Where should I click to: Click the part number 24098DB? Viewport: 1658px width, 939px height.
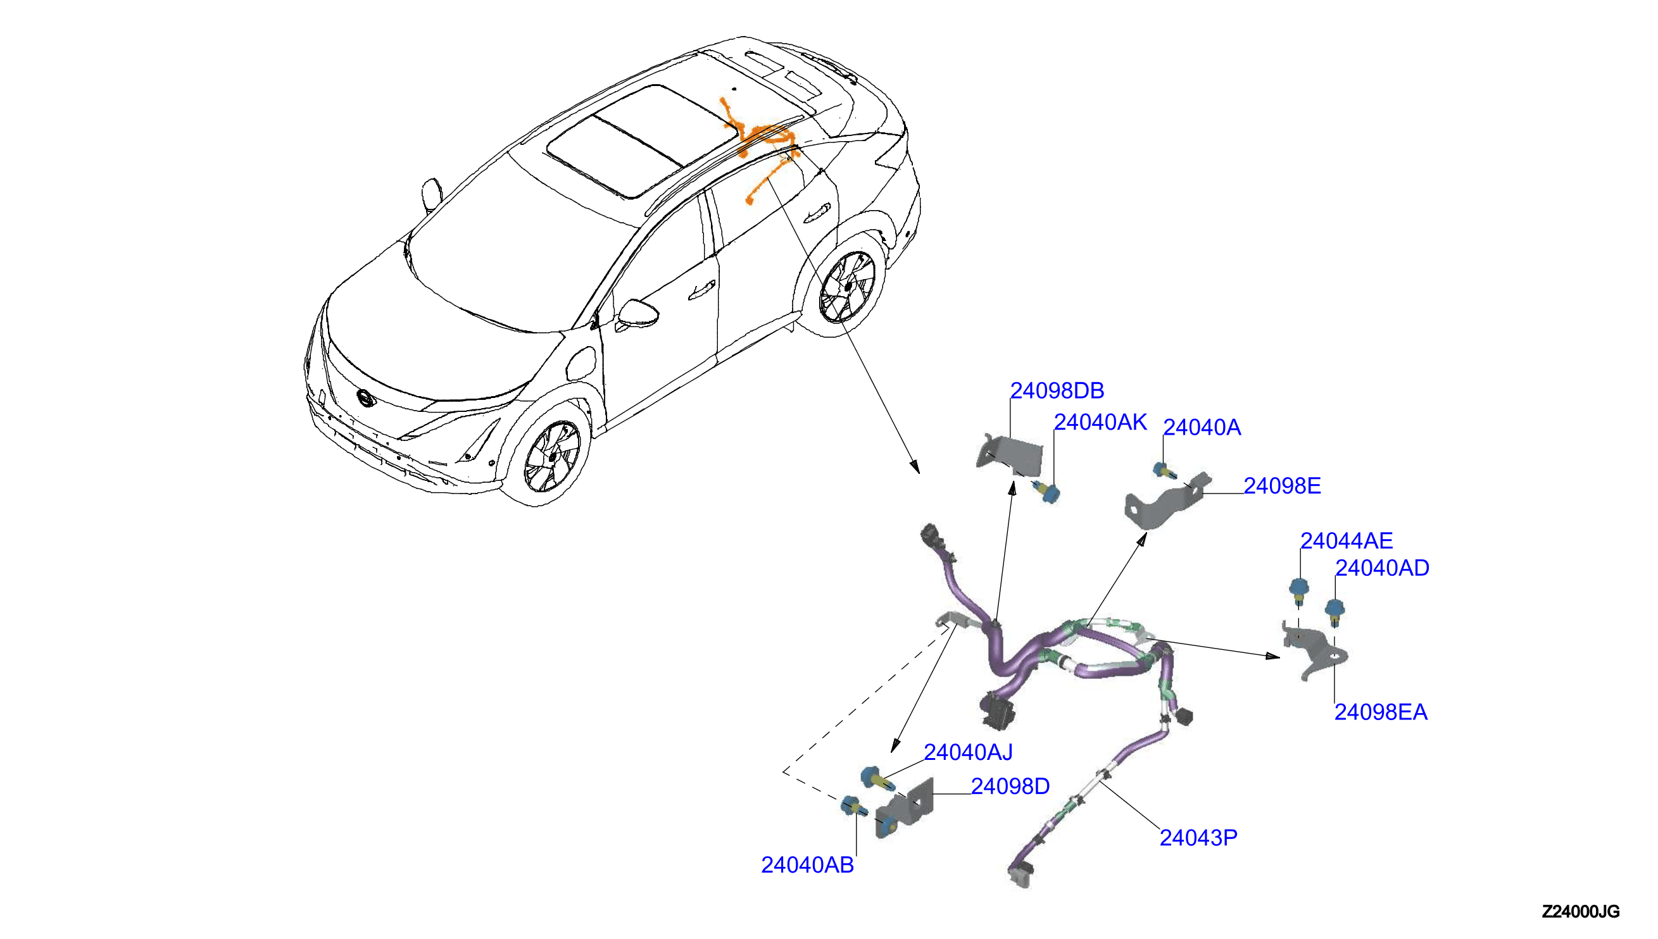tap(1057, 391)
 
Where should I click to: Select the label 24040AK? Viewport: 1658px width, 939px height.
tap(1100, 423)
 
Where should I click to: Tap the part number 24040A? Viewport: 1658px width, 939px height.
tap(1202, 428)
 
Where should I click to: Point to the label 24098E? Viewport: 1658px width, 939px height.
tap(1282, 486)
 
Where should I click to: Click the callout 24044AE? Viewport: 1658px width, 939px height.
tap(1347, 541)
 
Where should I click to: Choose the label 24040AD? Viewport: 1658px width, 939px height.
tap(1382, 568)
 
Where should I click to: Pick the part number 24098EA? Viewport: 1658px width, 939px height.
tap(1381, 712)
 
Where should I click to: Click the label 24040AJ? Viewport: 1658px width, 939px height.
tap(969, 752)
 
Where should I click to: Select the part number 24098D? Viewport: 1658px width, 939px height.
tap(1010, 787)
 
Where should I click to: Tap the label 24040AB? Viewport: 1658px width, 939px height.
tap(808, 866)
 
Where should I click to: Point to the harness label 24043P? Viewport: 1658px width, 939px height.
tap(1198, 838)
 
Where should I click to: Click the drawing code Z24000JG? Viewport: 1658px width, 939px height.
tap(1581, 912)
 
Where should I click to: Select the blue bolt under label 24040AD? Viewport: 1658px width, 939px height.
tap(1334, 612)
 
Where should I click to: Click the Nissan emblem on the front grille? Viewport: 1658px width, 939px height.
tap(365, 399)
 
